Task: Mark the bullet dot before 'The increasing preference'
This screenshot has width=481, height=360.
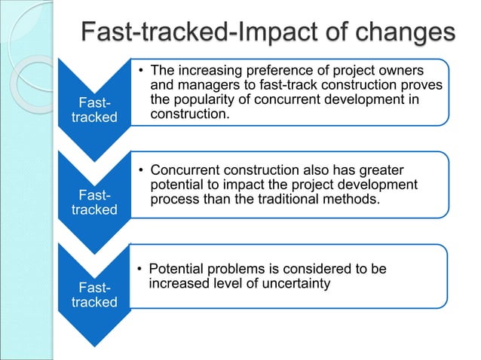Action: tap(140, 70)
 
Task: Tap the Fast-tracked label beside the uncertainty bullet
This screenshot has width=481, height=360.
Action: tap(93, 294)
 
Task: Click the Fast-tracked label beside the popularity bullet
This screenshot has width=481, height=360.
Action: tap(93, 110)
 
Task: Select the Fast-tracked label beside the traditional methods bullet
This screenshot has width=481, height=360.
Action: tap(93, 202)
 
